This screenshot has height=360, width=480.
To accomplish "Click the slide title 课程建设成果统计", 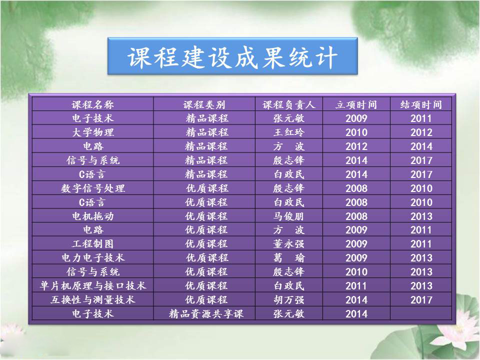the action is [x=232, y=57].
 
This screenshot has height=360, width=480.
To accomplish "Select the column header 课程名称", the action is [x=93, y=104].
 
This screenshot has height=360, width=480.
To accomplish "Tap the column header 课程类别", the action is [x=204, y=104].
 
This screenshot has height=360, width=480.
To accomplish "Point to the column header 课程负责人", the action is [x=288, y=104].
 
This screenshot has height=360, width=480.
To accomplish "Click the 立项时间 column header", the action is [x=356, y=104].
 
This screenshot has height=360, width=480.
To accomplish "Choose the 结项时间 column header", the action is [x=421, y=104].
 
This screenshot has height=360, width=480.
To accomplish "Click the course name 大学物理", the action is [x=93, y=132].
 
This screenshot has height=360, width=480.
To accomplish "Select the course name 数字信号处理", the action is [x=93, y=188].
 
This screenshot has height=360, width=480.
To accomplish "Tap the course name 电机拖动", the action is [x=93, y=216].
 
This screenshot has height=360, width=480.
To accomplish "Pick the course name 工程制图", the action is [x=93, y=244].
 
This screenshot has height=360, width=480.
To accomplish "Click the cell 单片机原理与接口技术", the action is [x=93, y=285].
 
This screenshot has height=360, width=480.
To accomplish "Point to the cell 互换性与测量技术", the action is [x=93, y=299].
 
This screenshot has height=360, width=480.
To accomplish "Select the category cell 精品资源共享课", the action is [x=206, y=314].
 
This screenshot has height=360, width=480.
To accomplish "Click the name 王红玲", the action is [x=288, y=132].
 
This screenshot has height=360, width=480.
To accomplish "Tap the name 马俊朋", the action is [x=288, y=216].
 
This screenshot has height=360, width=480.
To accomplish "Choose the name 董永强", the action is [x=288, y=244].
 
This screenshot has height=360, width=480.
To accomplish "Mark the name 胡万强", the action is [x=288, y=299].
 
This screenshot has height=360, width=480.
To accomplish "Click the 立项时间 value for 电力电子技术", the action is [x=356, y=258].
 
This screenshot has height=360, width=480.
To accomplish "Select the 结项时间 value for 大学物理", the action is [x=421, y=132].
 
